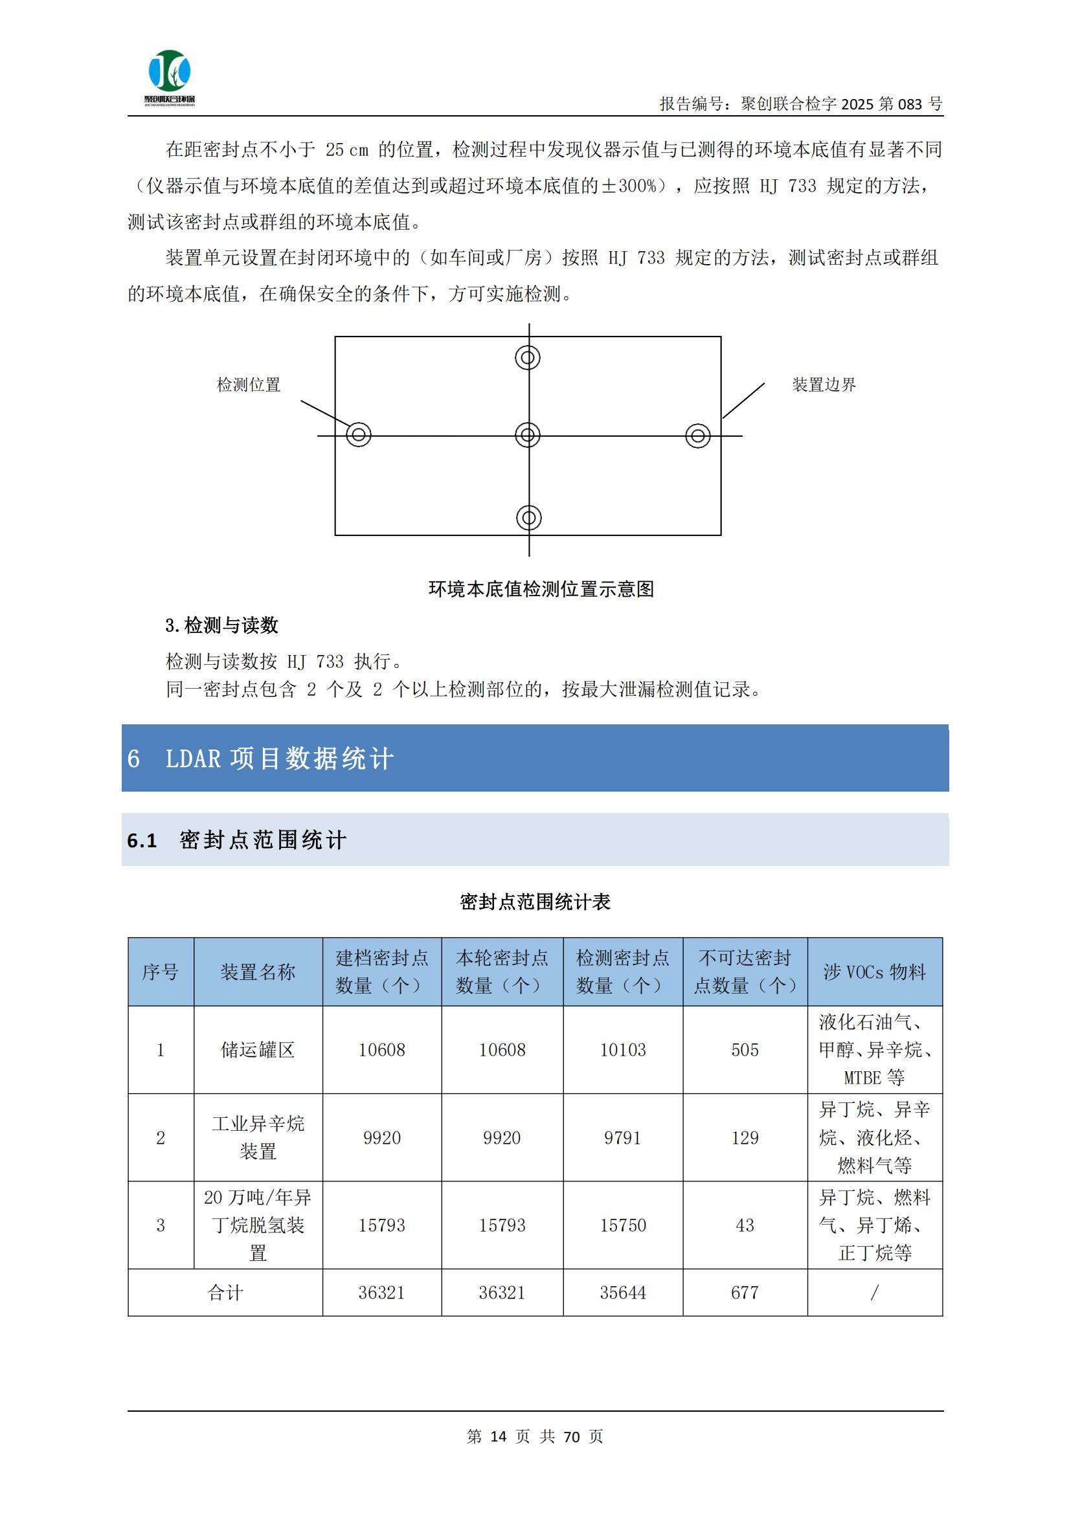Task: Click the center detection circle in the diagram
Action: pyautogui.click(x=528, y=435)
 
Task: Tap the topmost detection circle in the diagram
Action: pyautogui.click(x=528, y=357)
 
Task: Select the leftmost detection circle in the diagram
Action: pyautogui.click(x=359, y=434)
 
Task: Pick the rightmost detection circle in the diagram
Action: pyautogui.click(x=698, y=436)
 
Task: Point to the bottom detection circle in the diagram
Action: pyautogui.click(x=529, y=518)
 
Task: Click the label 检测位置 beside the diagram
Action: pyautogui.click(x=249, y=385)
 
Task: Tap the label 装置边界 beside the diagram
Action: pyautogui.click(x=824, y=385)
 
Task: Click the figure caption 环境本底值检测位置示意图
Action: pyautogui.click(x=541, y=589)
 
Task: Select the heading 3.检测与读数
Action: pyautogui.click(x=221, y=625)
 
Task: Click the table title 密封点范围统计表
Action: pyautogui.click(x=535, y=902)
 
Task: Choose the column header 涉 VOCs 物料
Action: pyautogui.click(x=874, y=972)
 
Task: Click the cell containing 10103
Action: pyautogui.click(x=622, y=1050)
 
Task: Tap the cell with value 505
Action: pyautogui.click(x=745, y=1050)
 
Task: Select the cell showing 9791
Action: pyautogui.click(x=622, y=1137)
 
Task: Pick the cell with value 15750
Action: pyautogui.click(x=622, y=1225)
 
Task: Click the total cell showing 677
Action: pyautogui.click(x=745, y=1293)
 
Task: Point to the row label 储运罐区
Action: pyautogui.click(x=258, y=1050)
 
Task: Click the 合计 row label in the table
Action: pyautogui.click(x=225, y=1293)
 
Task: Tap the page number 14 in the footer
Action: pyautogui.click(x=499, y=1436)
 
